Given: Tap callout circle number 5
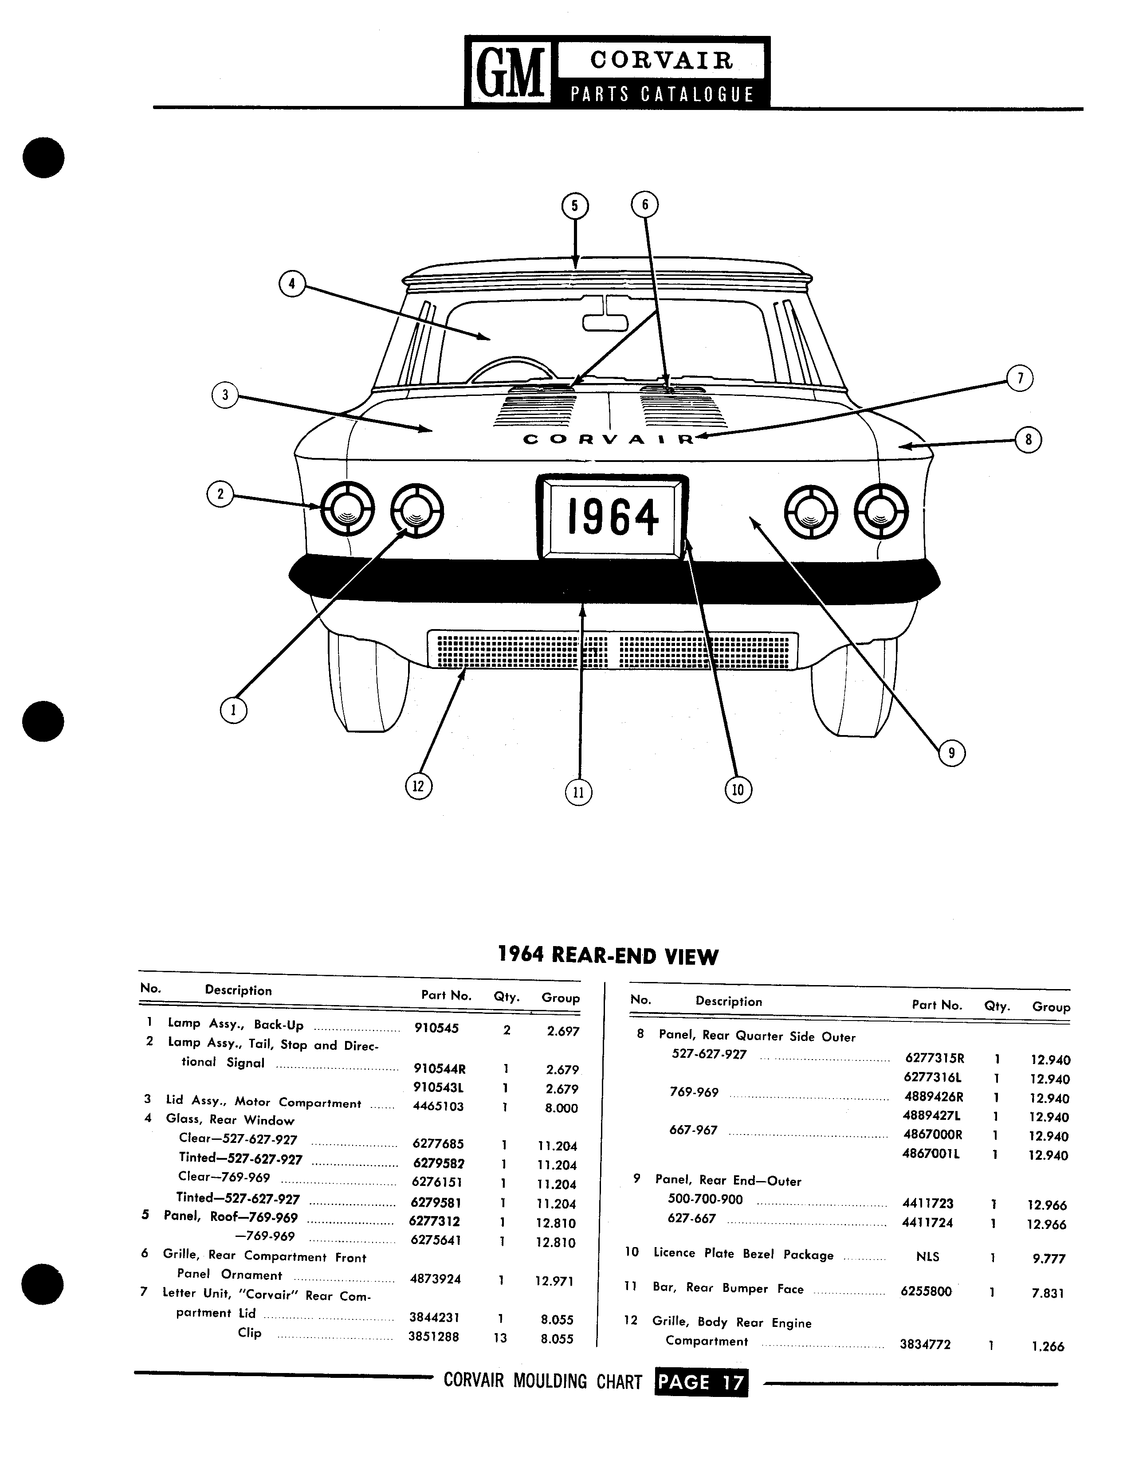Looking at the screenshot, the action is tap(574, 206).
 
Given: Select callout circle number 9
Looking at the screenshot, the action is tap(951, 754).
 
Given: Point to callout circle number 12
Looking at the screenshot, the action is tap(419, 786).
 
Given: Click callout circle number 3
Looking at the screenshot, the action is tap(225, 395).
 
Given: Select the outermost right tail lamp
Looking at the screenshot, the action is tap(881, 509).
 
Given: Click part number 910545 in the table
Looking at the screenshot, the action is tap(436, 1028).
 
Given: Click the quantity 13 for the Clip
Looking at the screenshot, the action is tap(500, 1338).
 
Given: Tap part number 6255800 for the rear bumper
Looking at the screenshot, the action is tap(926, 1291).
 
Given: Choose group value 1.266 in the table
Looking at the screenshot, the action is tap(1049, 1346).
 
